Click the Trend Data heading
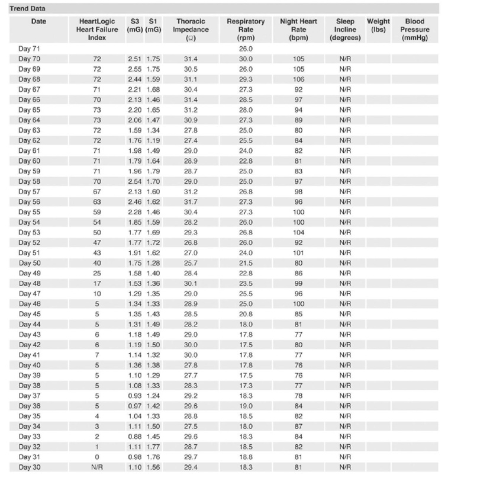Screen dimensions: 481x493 (x=27, y=9)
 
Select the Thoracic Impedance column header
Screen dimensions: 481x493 (x=191, y=29)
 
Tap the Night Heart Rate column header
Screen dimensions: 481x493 (x=298, y=29)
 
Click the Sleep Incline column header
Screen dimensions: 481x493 (x=345, y=29)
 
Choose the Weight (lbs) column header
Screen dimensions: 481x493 (x=378, y=25)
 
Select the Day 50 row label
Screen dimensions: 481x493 (x=29, y=263)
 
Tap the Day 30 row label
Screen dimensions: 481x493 (x=29, y=467)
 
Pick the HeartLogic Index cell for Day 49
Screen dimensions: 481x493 (x=97, y=273)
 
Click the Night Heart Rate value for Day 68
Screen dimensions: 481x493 (x=298, y=79)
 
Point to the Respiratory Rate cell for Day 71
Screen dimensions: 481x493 (x=246, y=49)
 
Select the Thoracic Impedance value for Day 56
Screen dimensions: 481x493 (x=191, y=202)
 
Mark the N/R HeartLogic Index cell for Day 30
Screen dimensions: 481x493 (x=97, y=467)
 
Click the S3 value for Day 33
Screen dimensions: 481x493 (x=135, y=437)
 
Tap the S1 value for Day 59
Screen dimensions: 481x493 (x=153, y=171)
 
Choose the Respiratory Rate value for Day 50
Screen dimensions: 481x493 (x=246, y=263)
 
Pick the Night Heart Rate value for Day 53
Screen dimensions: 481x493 (x=298, y=232)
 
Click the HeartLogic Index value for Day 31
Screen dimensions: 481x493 (x=97, y=457)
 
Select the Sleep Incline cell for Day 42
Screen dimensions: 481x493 (x=345, y=345)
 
